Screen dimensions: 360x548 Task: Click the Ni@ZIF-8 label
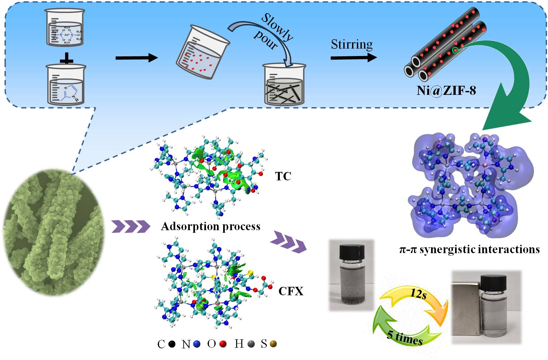click(446, 91)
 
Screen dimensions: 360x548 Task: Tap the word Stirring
click(352, 44)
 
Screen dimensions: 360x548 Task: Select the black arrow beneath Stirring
click(353, 58)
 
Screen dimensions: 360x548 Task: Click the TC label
click(283, 176)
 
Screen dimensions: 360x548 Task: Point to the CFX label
click(291, 291)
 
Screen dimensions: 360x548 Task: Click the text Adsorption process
click(211, 226)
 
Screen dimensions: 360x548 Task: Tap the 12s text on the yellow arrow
click(418, 294)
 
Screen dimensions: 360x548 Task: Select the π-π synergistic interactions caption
click(469, 249)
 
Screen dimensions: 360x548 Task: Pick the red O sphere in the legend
click(223, 344)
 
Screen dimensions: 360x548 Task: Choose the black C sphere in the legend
click(172, 344)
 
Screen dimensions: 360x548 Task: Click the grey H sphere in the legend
click(250, 344)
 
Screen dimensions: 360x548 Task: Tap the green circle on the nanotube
click(455, 50)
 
